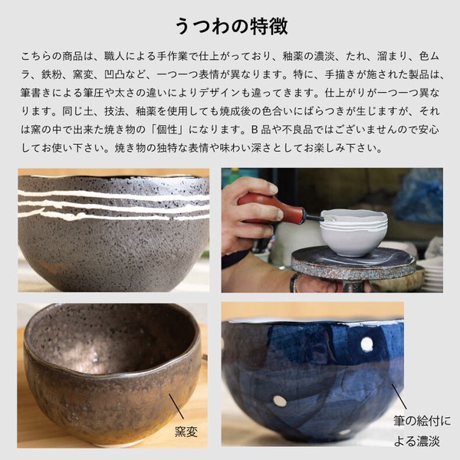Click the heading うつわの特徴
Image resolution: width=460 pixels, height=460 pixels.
[232, 26]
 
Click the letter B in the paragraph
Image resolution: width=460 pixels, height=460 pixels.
[255, 130]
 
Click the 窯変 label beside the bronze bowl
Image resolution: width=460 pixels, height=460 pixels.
[186, 432]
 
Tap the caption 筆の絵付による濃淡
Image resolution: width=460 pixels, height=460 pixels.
[422, 431]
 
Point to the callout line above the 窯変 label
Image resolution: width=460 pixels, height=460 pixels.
[176, 406]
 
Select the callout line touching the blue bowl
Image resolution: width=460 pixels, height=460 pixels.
[399, 396]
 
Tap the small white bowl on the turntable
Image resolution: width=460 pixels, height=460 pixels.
[353, 232]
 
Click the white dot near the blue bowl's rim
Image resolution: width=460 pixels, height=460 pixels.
[366, 343]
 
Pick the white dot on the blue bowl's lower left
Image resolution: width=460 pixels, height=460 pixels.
[279, 401]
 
